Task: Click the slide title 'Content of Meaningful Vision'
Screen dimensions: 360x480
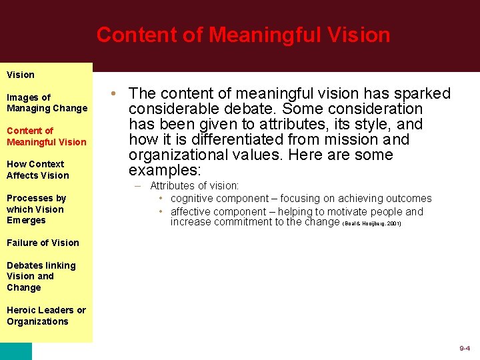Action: (x=243, y=35)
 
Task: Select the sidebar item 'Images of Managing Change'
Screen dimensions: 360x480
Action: (x=47, y=103)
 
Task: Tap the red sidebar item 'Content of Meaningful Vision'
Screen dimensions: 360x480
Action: (x=47, y=136)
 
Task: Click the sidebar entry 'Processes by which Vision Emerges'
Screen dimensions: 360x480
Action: (x=37, y=209)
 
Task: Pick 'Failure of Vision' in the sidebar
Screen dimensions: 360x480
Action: (x=43, y=243)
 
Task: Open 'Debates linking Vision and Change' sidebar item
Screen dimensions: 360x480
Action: (x=41, y=276)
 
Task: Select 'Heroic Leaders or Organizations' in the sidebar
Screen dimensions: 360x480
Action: (x=46, y=315)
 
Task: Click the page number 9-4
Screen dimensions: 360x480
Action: (x=465, y=349)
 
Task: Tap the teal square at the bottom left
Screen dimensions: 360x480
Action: (x=15, y=351)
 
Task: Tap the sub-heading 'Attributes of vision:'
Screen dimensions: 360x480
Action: (x=194, y=186)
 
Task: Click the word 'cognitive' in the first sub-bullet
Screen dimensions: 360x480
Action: (x=193, y=199)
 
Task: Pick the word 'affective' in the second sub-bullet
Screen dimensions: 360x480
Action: (x=192, y=212)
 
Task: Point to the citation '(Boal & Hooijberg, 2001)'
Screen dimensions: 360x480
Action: (x=371, y=224)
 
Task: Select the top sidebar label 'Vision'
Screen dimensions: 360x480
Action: (x=21, y=75)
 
